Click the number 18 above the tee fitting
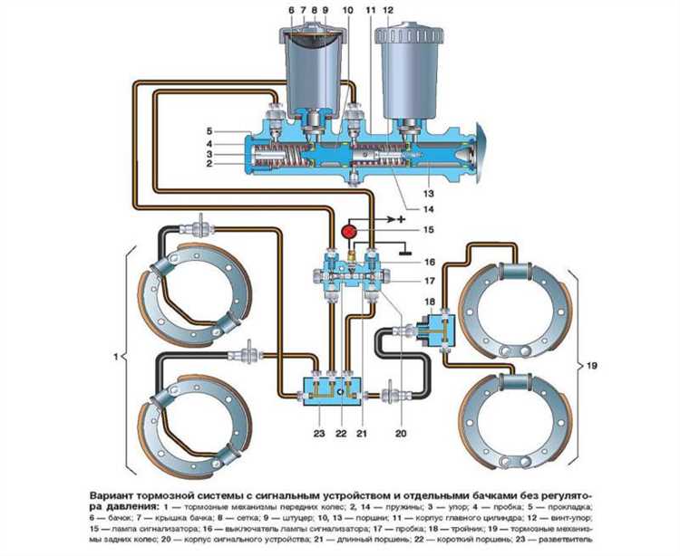(x=429, y=301)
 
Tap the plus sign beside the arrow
(x=401, y=219)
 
